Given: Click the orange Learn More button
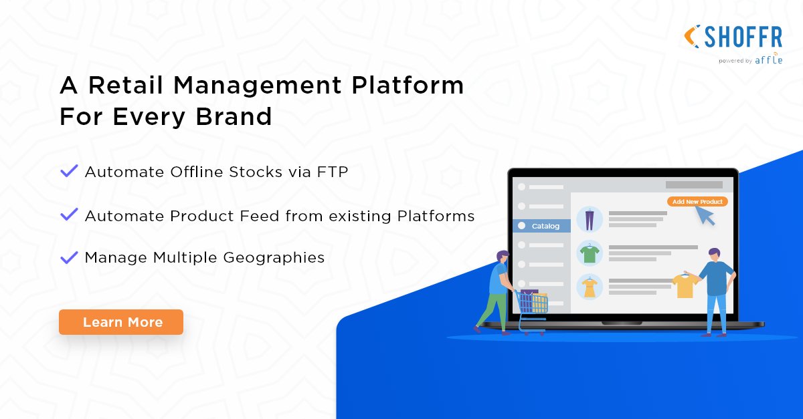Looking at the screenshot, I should [121, 322].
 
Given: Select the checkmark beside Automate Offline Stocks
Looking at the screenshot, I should [69, 172].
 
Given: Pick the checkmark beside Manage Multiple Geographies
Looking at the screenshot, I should [69, 257].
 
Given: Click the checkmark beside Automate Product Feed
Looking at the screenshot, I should [69, 215].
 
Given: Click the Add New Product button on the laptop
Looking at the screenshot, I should [697, 202].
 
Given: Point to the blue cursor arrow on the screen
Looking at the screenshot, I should [705, 215].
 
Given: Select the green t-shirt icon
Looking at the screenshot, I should [590, 253].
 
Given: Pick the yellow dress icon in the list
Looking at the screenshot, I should [590, 287].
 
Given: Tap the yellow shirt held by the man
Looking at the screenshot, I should [684, 285].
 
